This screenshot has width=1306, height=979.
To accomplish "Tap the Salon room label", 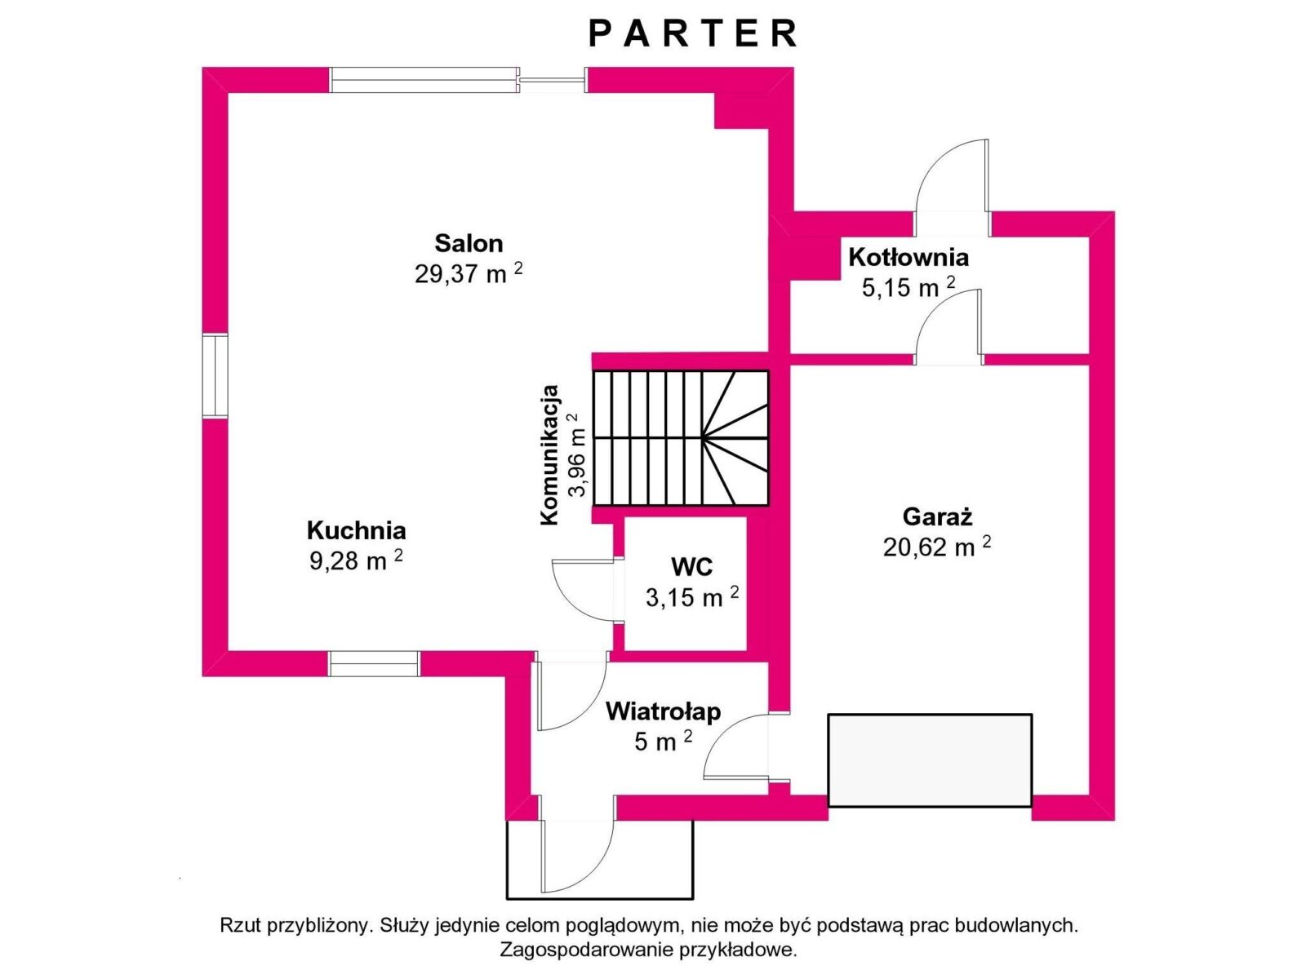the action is point(469,243).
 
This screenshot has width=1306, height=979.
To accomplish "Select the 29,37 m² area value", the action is point(469,274).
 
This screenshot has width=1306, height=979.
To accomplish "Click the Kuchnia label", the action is point(357,530).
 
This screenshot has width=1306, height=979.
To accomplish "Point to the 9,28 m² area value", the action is point(356,560).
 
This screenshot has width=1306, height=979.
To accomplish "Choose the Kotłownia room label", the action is point(908,257).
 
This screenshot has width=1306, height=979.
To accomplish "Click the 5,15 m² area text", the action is point(908,288).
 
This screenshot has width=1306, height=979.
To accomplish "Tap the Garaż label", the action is point(938,516).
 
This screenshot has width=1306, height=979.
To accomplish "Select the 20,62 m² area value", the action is point(937,547).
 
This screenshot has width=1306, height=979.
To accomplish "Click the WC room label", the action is point(692,567).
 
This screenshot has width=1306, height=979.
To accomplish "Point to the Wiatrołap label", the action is point(664,711).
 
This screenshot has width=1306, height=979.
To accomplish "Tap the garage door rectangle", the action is point(930,760).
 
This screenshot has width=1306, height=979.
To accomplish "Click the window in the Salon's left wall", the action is point(215,376).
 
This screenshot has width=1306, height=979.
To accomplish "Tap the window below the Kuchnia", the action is point(374,663).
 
